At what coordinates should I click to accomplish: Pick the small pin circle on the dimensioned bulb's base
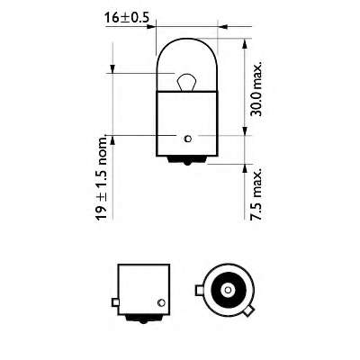186,138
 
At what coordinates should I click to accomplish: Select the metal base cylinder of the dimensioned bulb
186,121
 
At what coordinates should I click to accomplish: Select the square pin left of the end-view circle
198,291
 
